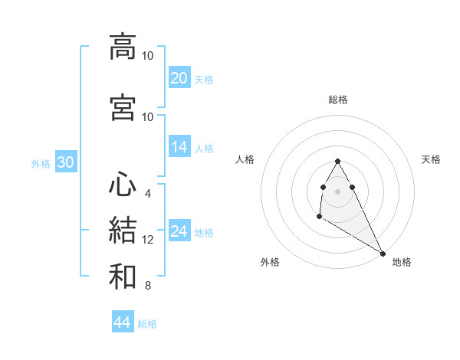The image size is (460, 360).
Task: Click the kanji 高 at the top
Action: pos(122,47)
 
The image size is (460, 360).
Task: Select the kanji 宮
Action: pos(122,108)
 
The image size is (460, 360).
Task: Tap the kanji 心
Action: pos(122,185)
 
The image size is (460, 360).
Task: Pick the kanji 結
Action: pos(122,231)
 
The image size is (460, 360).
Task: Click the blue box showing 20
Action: pos(179,78)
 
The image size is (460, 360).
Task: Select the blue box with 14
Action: pos(179,147)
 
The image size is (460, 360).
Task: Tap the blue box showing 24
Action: pos(179,231)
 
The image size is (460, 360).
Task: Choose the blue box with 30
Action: pos(65,163)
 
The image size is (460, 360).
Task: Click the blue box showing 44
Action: pos(122,322)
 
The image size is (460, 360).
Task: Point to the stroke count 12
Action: pos(148,240)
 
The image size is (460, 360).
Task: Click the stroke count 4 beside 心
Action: pos(147,193)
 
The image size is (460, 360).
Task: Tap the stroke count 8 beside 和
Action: pos(147,286)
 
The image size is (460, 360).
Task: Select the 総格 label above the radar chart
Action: pos(337,100)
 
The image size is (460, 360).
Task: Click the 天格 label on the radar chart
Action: pos(431,159)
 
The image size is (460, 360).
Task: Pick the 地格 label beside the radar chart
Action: pos(402,262)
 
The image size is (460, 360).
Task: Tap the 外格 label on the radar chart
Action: pos(270,262)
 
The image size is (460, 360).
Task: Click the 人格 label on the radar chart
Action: pos(245,159)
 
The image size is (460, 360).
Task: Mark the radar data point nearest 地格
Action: pos(383,254)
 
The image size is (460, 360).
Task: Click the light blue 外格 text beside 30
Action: pos(41,164)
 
